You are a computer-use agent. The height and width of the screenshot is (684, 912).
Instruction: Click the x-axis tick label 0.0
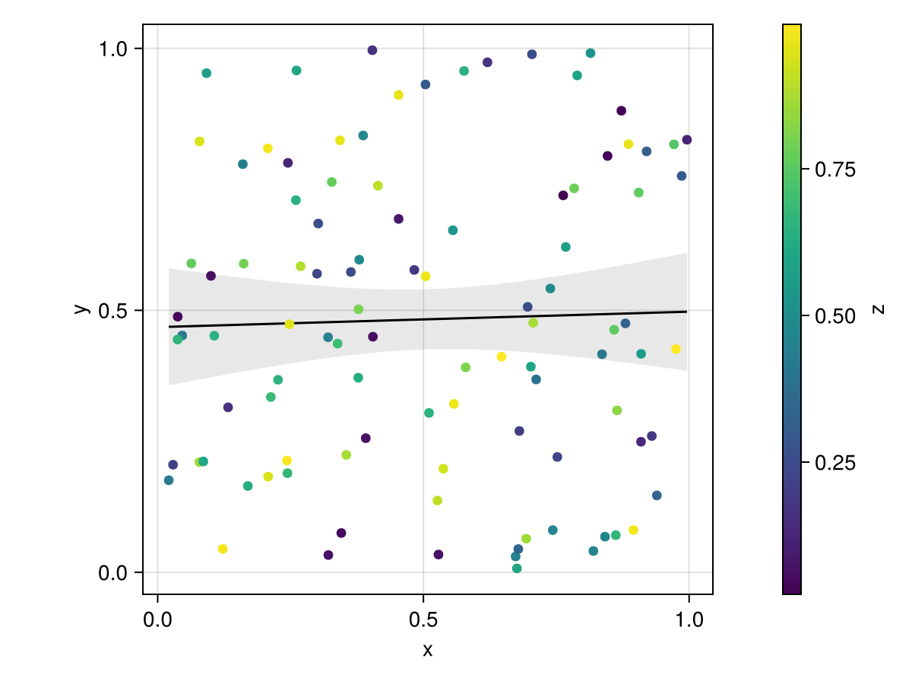pyautogui.click(x=157, y=619)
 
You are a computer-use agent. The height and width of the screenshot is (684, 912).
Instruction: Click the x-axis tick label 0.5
pyautogui.click(x=423, y=619)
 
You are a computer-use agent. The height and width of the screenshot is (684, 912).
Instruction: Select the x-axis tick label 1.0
pyautogui.click(x=689, y=619)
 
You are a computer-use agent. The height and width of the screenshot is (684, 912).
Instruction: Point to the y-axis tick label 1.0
pyautogui.click(x=116, y=49)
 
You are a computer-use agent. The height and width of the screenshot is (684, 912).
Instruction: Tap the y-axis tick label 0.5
pyautogui.click(x=116, y=310)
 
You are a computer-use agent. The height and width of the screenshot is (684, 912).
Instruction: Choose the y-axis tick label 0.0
pyautogui.click(x=116, y=572)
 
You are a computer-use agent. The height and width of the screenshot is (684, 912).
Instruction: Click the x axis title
pyautogui.click(x=427, y=651)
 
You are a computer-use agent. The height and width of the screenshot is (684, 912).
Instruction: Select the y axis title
pyautogui.click(x=79, y=309)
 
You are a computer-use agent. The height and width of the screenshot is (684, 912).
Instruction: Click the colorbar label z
pyautogui.click(x=879, y=309)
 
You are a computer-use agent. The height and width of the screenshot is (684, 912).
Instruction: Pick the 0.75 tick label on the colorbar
pyautogui.click(x=834, y=169)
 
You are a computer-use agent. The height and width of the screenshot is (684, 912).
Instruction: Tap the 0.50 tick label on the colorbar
pyautogui.click(x=834, y=316)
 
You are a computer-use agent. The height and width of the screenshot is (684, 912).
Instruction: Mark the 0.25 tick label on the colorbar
pyautogui.click(x=834, y=463)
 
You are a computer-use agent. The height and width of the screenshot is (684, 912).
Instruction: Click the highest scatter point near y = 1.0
pyautogui.click(x=372, y=50)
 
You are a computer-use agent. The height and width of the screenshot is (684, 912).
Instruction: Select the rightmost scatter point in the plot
pyautogui.click(x=687, y=140)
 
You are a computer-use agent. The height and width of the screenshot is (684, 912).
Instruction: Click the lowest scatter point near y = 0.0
pyautogui.click(x=517, y=568)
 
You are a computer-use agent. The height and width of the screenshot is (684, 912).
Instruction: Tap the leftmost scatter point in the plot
pyautogui.click(x=169, y=480)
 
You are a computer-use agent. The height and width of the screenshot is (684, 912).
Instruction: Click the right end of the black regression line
pyautogui.click(x=686, y=312)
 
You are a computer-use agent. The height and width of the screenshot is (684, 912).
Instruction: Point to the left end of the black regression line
pyautogui.click(x=169, y=327)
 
